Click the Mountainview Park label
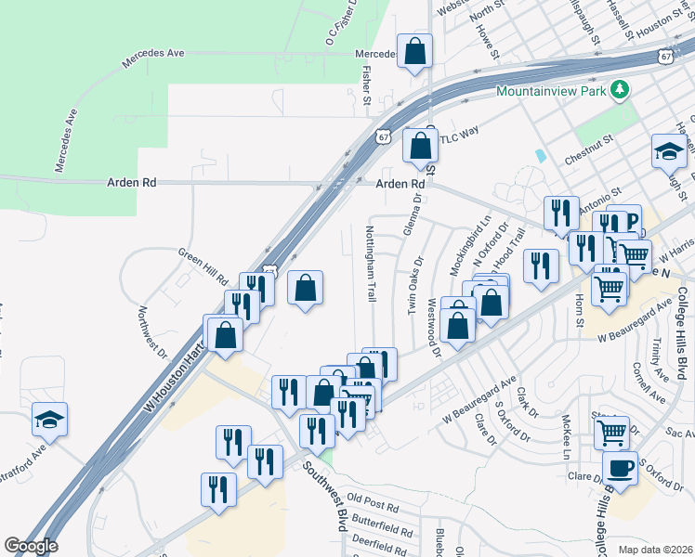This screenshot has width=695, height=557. [x=551, y=91]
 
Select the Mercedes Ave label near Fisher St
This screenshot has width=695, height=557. [x=377, y=54]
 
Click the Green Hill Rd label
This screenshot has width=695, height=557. [x=203, y=266]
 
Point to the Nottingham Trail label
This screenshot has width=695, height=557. [x=370, y=264]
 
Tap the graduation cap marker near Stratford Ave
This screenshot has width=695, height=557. [x=50, y=421]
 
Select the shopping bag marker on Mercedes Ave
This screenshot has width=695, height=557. [x=414, y=53]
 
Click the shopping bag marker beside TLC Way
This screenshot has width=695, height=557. [x=421, y=147]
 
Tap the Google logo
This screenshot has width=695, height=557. [x=30, y=546]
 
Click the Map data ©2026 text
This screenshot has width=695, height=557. [x=656, y=549]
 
